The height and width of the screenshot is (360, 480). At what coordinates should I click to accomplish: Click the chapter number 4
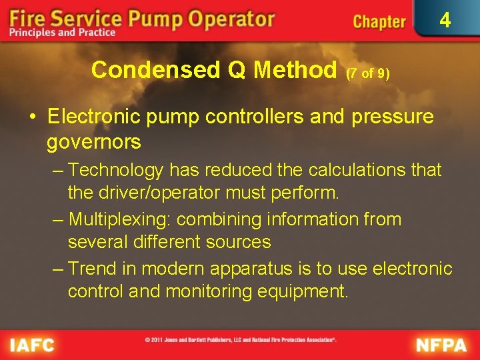pos(445,21)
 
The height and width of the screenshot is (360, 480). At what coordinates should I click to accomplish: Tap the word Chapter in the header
pos(379,22)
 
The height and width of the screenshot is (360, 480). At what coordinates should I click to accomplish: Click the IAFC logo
pos(32,345)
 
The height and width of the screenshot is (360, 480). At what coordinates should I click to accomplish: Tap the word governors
pos(93,141)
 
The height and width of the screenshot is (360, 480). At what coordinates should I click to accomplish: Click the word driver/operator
pos(162,193)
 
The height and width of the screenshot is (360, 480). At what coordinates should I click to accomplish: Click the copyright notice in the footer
pos(241,340)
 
